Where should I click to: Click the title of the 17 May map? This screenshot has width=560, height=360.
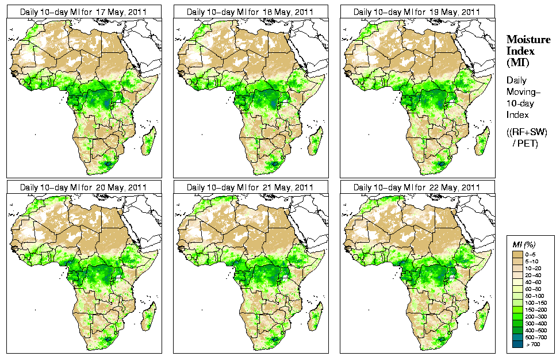coord(83,12)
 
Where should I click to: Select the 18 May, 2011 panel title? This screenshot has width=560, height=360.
coord(250,12)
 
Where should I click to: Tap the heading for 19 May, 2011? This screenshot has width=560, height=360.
coord(416,12)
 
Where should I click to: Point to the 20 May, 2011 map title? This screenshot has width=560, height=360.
coord(83,187)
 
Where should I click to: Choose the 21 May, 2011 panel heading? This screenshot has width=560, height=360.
coord(250,187)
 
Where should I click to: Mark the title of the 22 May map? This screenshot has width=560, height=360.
coord(416,187)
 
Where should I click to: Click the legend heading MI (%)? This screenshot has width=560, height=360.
coord(524,246)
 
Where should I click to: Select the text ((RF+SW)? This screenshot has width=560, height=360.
coord(527,132)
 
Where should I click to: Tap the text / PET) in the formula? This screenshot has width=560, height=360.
coord(528,143)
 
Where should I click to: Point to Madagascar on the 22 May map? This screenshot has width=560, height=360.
coord(481,317)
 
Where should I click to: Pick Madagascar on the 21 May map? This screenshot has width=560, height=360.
coord(314,317)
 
